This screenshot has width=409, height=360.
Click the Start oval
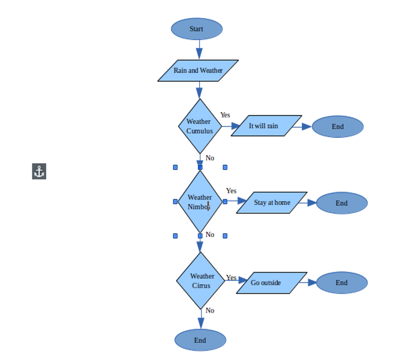pos(197,29)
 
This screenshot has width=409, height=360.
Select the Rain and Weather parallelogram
pos(198,70)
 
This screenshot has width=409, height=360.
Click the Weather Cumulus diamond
pos(200,126)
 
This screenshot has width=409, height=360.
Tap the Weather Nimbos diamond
pos(200,202)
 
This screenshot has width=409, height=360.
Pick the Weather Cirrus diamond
pos(201,280)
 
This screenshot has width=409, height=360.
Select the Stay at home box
pos(271,203)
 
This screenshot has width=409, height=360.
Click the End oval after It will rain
pos(337,127)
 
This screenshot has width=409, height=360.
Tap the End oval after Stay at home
pos(341,203)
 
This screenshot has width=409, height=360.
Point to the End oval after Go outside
pos(341,283)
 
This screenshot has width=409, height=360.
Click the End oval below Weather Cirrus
pos(200,340)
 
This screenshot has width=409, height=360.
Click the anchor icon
pos(39,171)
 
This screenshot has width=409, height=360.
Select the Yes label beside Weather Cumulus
pos(225,115)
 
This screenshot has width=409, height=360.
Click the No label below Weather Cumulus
pos(210,158)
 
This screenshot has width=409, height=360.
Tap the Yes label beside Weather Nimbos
pos(231,191)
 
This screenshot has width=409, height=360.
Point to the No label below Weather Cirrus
pos(210,310)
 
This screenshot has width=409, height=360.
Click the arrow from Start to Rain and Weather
pos(199,49)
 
